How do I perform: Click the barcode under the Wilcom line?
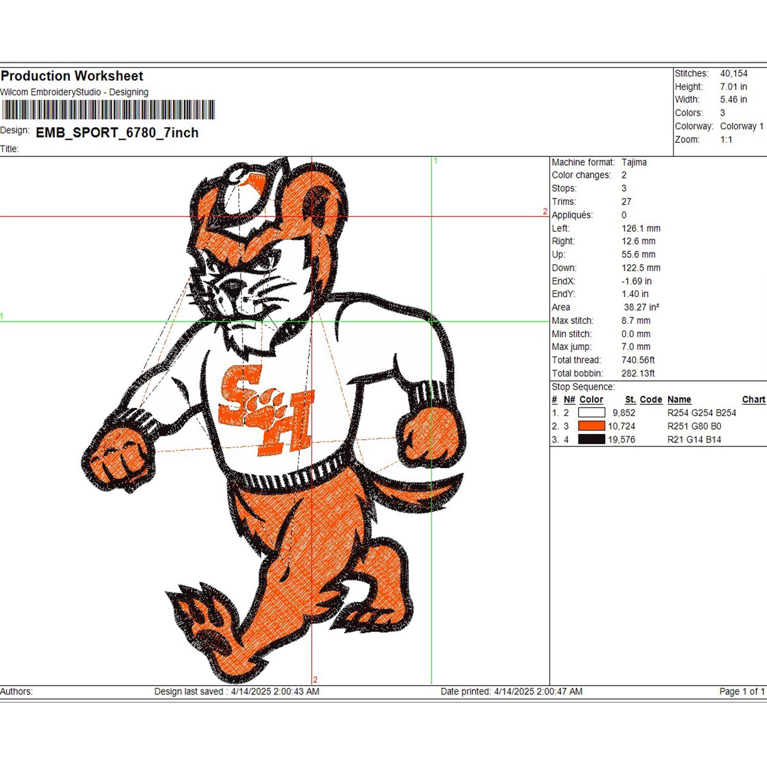coord(108,110)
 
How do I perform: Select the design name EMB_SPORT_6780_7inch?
coord(117,133)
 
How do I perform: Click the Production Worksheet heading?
coord(72,76)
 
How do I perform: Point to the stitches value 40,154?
coord(734,74)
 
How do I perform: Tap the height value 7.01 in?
coord(734,87)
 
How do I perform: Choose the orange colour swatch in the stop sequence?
coord(592,426)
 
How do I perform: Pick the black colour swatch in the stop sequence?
coord(592,439)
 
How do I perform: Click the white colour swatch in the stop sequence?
coord(592,412)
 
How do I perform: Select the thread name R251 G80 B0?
coord(694,426)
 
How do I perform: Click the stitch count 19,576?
coord(621,440)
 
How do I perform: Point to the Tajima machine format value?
coord(634,162)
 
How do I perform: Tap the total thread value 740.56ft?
coord(638,360)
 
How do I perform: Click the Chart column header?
coord(754,400)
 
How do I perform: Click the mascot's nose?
coord(233,288)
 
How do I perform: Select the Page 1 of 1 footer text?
coord(742,691)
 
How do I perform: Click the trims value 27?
coord(626,202)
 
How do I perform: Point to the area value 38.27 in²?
coord(641,308)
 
